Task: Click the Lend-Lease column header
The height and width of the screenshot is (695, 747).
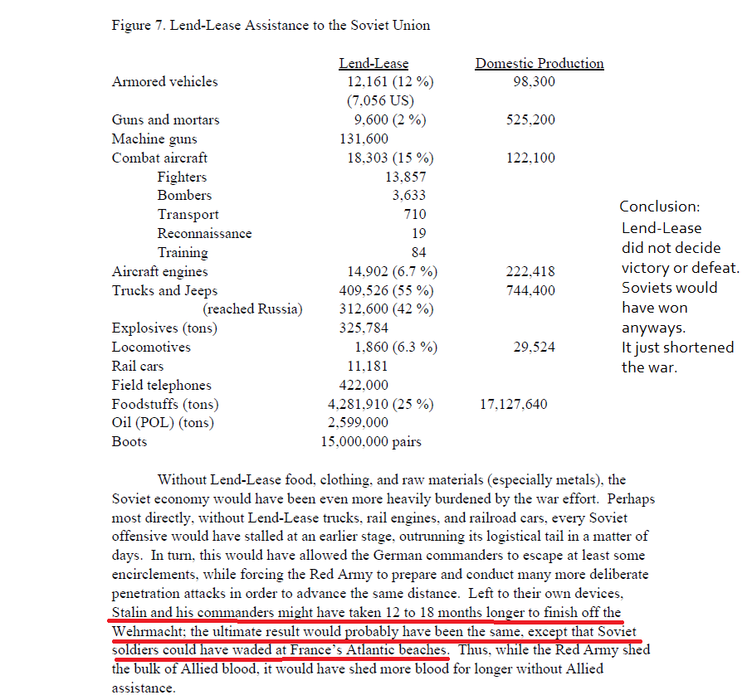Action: tap(373, 63)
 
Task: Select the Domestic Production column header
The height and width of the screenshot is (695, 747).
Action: tap(539, 63)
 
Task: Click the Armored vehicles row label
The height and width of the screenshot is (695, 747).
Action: tap(165, 81)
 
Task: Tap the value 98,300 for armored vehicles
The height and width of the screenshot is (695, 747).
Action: tap(535, 81)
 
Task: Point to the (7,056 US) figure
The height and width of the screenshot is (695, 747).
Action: tap(380, 100)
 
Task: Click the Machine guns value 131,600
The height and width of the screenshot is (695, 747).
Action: tap(364, 139)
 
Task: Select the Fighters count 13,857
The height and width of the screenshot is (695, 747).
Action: tap(405, 177)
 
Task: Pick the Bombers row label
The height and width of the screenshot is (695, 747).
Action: tap(184, 196)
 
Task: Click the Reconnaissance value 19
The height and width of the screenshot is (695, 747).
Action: tap(419, 234)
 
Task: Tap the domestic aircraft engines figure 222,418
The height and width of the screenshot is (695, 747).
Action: tap(530, 271)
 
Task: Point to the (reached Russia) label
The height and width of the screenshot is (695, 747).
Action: tap(253, 309)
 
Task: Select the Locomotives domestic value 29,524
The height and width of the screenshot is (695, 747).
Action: tap(535, 347)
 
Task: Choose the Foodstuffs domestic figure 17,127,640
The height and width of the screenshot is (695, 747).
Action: tap(514, 404)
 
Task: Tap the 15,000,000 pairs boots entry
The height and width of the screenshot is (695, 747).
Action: tap(371, 441)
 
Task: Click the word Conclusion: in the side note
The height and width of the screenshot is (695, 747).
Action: tap(660, 207)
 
